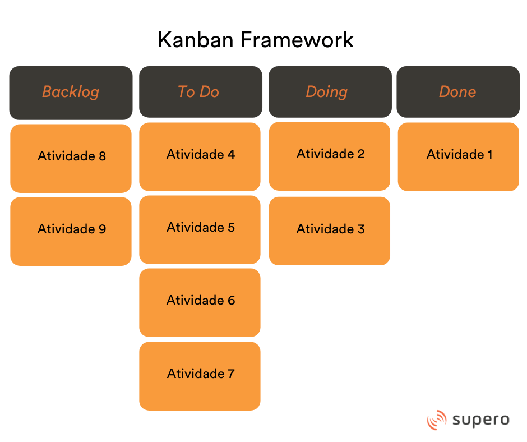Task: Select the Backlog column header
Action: [x=71, y=93]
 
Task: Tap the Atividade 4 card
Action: [x=200, y=156]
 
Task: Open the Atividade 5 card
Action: [x=200, y=229]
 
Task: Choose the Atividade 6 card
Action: [x=200, y=302]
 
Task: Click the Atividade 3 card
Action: [x=330, y=231]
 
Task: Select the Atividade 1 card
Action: [x=458, y=156]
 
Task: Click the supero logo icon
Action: [x=436, y=420]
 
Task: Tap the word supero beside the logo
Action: [x=480, y=420]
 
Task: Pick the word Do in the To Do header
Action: [x=209, y=92]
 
